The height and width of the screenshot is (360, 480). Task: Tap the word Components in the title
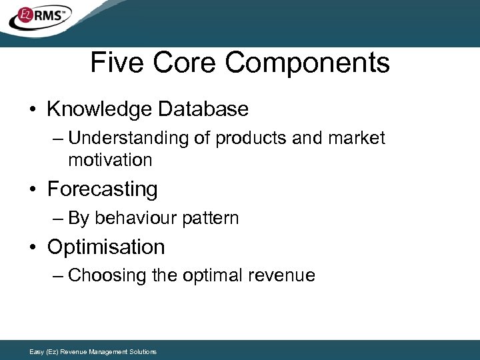tap(307, 63)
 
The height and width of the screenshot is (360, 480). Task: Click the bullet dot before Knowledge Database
tap(33, 109)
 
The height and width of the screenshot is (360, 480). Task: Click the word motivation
tap(110, 160)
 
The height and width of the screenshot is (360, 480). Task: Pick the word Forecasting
tap(102, 189)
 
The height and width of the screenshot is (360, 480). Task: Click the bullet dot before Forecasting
tap(33, 190)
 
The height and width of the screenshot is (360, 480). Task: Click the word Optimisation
tap(106, 247)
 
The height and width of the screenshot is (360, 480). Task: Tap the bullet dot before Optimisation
tap(33, 248)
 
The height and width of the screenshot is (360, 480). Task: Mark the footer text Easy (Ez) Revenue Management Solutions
tap(93, 351)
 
